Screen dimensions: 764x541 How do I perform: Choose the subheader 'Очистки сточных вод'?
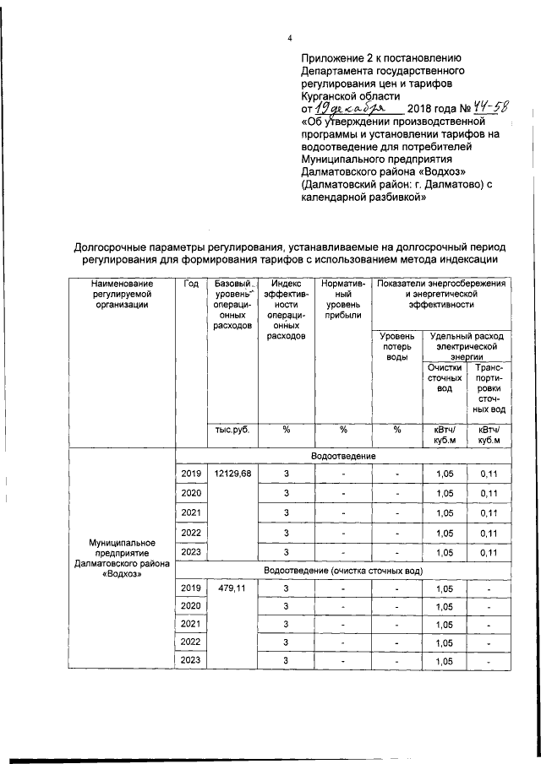445,377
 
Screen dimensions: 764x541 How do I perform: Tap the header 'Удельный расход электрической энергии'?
466,346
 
